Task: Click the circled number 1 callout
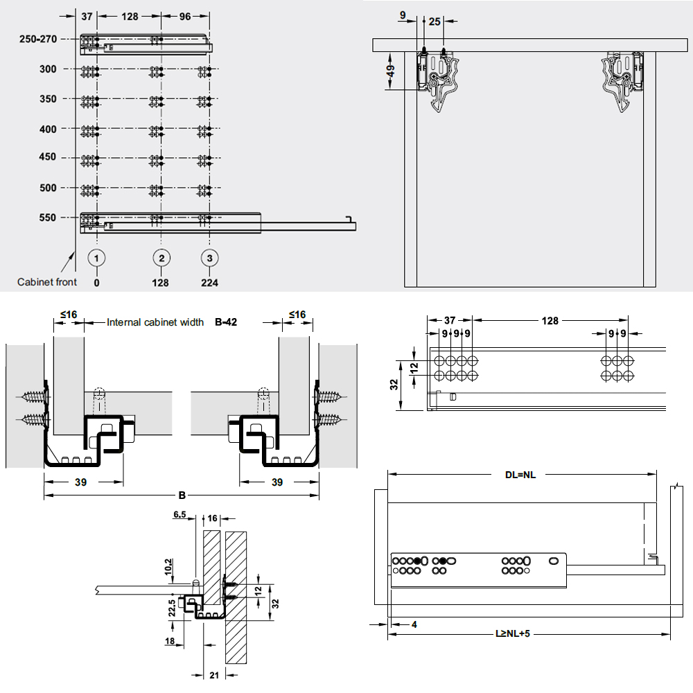tap(97, 258)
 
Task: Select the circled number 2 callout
tap(161, 258)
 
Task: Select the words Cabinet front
tap(47, 282)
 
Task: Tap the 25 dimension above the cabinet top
tap(435, 22)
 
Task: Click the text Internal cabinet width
tap(155, 322)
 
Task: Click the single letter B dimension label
tap(182, 495)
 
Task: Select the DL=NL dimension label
tap(520, 475)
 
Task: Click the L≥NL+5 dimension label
tap(512, 633)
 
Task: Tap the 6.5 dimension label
tap(179, 515)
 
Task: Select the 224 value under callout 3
tap(209, 283)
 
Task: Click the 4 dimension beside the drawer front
tap(414, 625)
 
